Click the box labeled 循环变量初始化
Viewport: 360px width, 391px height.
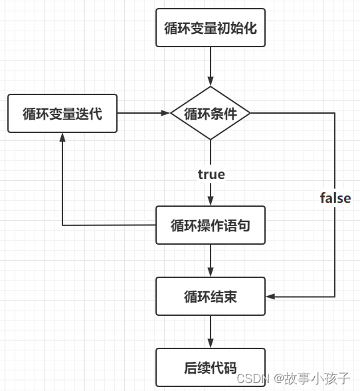211,28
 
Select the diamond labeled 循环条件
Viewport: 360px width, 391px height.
211,113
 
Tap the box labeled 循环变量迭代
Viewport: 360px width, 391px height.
62,113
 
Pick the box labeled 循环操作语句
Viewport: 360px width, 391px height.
211,225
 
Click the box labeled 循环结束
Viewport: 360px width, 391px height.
211,297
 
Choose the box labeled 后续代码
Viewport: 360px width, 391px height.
211,366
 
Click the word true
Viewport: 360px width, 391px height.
211,174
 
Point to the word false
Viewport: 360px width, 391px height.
335,198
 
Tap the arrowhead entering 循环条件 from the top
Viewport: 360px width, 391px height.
211,81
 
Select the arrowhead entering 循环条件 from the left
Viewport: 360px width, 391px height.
165,113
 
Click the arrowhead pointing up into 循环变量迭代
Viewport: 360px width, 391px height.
62,136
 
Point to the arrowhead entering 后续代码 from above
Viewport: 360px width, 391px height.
211,343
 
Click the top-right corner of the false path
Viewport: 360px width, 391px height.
335,113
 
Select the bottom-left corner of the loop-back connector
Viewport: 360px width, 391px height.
62,225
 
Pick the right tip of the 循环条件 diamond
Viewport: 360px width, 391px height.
251,113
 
